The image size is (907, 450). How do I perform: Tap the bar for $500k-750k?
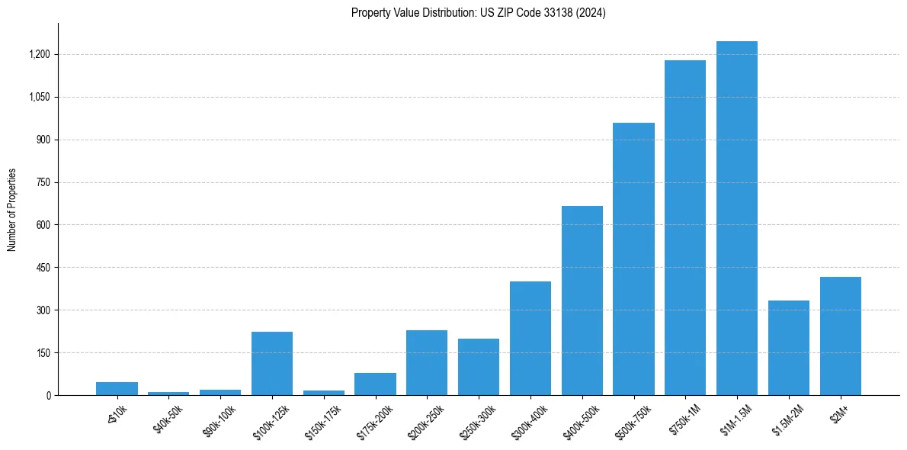(x=633, y=259)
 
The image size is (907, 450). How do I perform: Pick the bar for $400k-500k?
(x=582, y=301)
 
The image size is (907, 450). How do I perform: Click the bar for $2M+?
(x=840, y=336)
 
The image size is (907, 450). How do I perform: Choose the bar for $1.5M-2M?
(x=789, y=348)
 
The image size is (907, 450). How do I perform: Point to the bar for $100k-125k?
(x=272, y=363)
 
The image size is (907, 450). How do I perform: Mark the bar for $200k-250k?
(x=427, y=362)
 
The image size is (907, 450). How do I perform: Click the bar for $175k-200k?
(x=375, y=384)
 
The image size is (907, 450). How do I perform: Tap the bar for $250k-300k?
(x=479, y=367)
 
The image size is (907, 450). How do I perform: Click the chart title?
(x=479, y=13)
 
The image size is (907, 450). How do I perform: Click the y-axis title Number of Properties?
(x=12, y=210)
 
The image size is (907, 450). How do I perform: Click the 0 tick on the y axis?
(x=48, y=396)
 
